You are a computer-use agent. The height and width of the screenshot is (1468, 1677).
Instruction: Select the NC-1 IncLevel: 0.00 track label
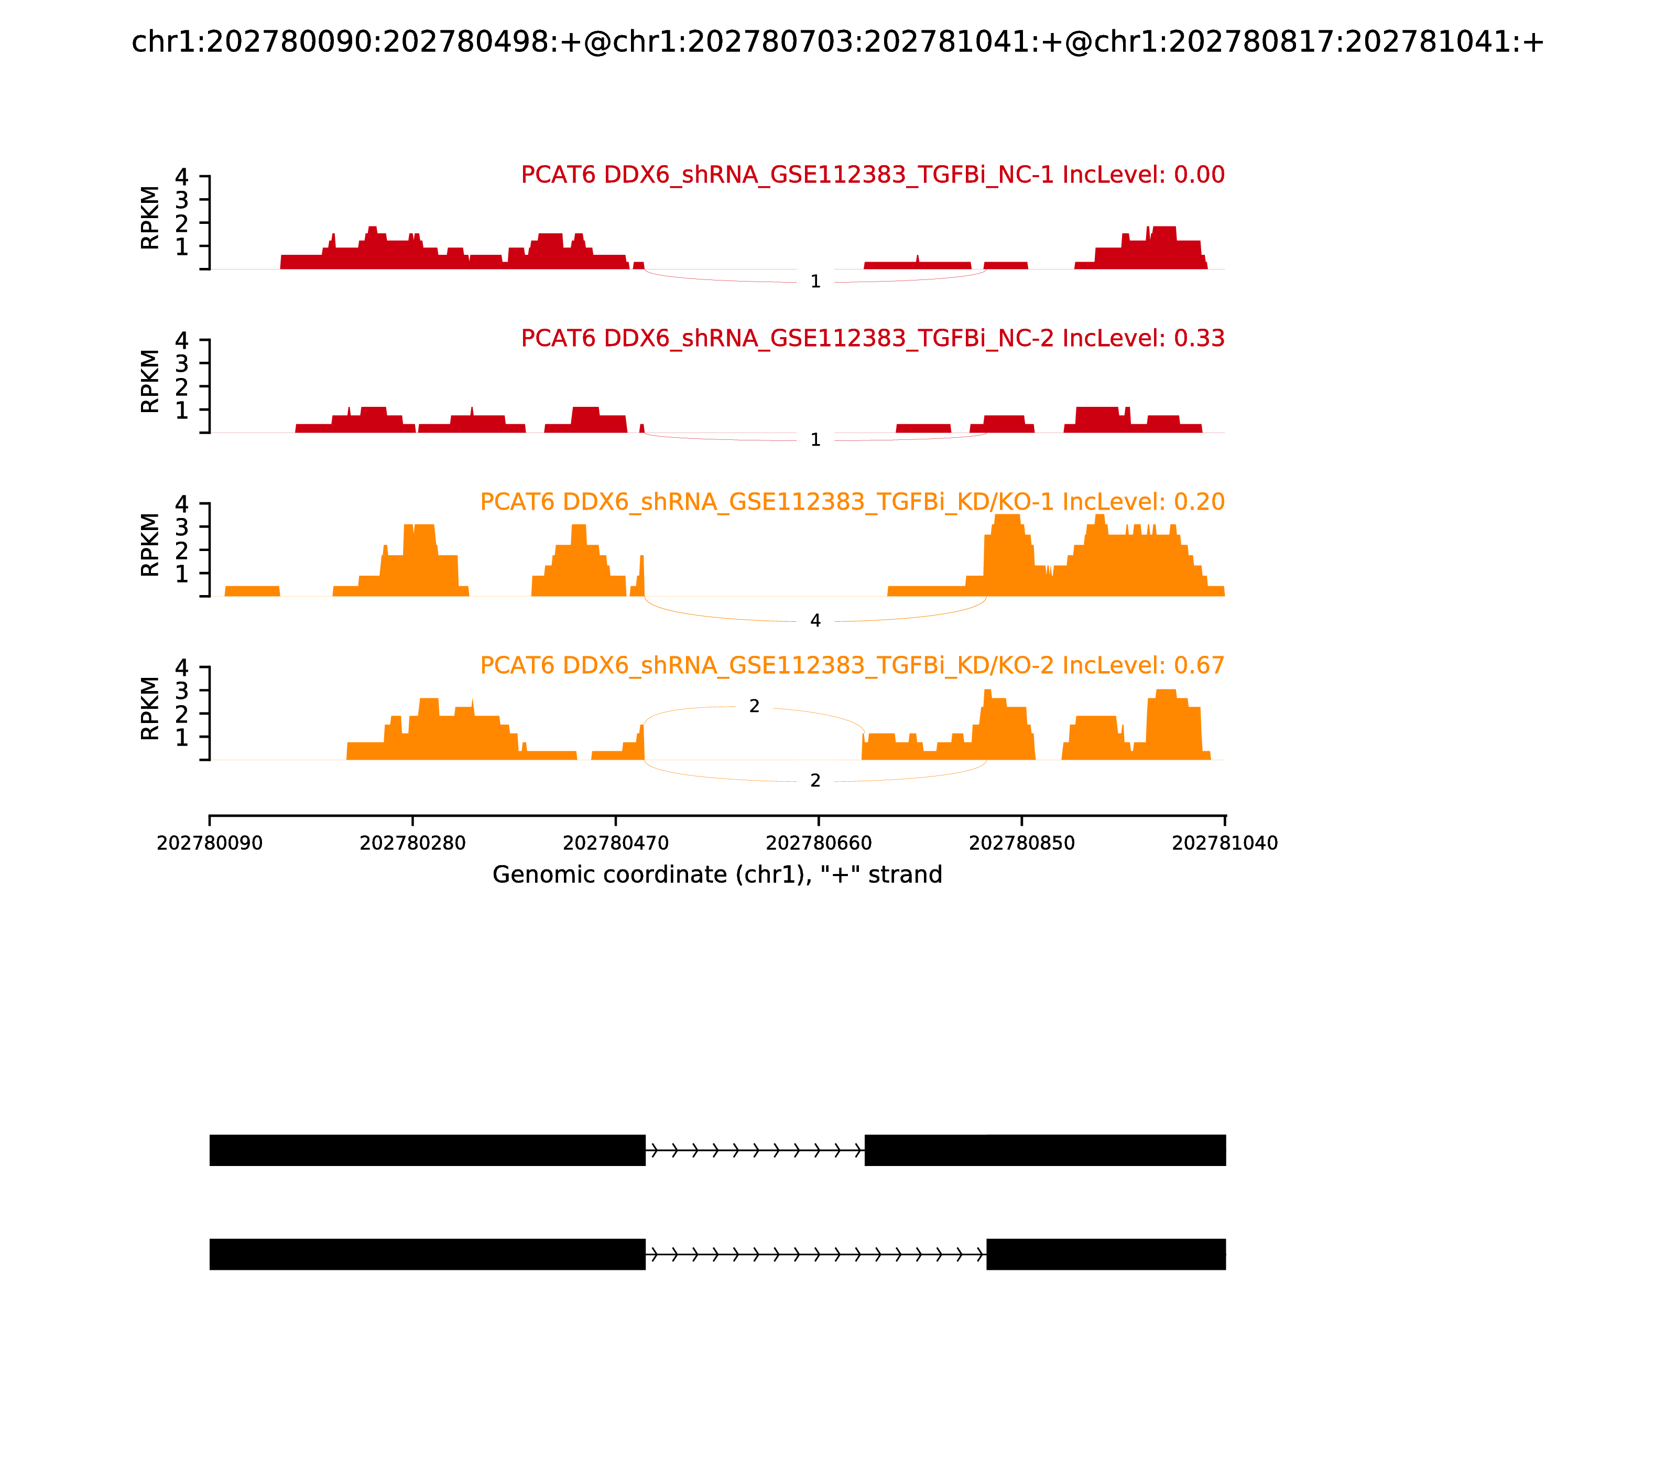pos(872,175)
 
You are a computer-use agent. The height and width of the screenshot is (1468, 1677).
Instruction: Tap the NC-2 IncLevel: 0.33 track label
pos(872,338)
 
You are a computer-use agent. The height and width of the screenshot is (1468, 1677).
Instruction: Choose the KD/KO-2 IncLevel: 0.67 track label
pos(852,665)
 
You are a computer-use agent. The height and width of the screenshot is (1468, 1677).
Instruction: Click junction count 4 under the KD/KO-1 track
pos(815,621)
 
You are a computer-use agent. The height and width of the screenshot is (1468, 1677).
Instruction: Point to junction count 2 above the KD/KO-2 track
pos(754,706)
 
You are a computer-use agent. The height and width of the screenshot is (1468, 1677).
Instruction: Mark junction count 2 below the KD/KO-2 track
pos(815,781)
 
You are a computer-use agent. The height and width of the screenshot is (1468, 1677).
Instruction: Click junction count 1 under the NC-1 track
pos(815,282)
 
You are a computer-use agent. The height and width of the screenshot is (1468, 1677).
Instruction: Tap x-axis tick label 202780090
pos(210,843)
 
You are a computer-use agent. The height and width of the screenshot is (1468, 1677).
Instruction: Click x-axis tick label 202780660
pos(819,843)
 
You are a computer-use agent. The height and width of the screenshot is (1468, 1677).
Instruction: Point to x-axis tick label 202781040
pos(1224,843)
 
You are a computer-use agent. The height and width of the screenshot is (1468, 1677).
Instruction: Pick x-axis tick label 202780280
pos(413,843)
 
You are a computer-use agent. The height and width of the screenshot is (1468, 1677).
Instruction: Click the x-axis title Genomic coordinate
pos(717,875)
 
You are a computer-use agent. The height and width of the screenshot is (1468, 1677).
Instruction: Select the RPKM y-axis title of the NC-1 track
pos(150,218)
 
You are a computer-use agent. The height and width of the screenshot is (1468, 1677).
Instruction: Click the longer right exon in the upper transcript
pos(1045,1150)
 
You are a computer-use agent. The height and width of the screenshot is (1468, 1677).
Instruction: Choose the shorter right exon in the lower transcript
pos(1105,1254)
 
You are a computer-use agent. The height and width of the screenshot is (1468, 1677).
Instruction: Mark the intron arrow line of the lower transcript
pos(815,1254)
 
